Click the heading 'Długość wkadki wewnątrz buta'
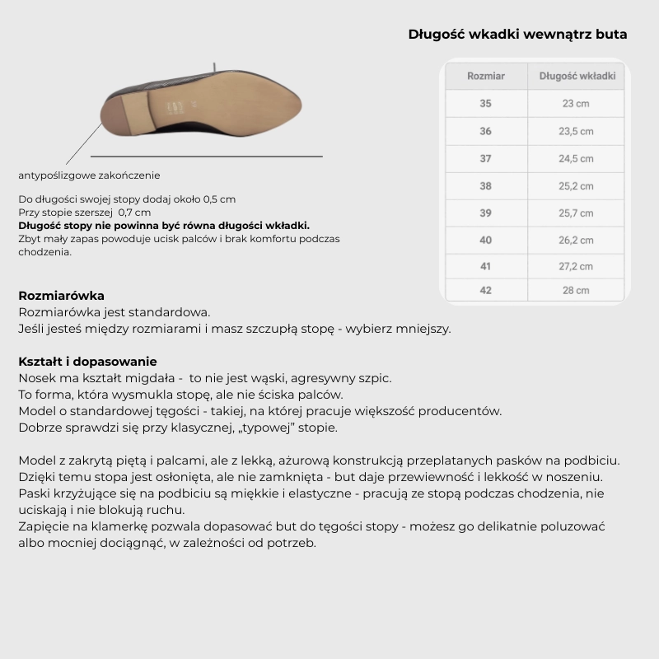click(517, 35)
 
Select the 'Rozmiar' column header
click(485, 76)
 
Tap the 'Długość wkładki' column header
click(577, 76)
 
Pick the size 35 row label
click(485, 104)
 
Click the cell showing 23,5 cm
click(577, 131)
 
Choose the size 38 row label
click(485, 186)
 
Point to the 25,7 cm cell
click(577, 213)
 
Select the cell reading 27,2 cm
click(577, 267)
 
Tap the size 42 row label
click(485, 290)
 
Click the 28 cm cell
click(577, 290)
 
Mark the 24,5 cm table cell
click(577, 159)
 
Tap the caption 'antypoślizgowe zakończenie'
click(89, 175)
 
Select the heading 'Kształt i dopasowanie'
click(87, 362)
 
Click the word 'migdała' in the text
click(156, 378)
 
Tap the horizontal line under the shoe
click(206, 155)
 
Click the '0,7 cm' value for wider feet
click(134, 213)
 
